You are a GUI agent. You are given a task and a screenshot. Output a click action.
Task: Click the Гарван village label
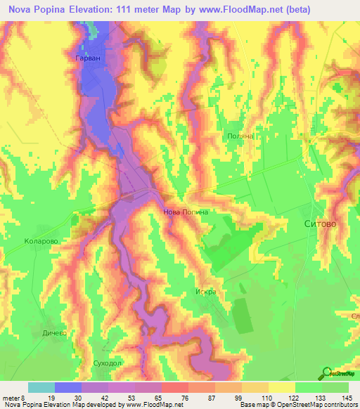(x=88, y=57)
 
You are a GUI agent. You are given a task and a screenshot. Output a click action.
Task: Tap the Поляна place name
(x=240, y=136)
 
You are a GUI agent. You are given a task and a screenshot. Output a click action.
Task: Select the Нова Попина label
(x=186, y=211)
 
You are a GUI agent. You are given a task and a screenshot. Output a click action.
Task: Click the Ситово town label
(x=319, y=223)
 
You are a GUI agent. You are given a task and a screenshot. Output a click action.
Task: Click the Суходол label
(x=108, y=364)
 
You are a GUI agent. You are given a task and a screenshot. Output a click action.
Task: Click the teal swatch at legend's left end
(x=41, y=387)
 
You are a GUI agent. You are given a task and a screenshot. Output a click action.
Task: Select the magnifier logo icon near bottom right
(x=326, y=373)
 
